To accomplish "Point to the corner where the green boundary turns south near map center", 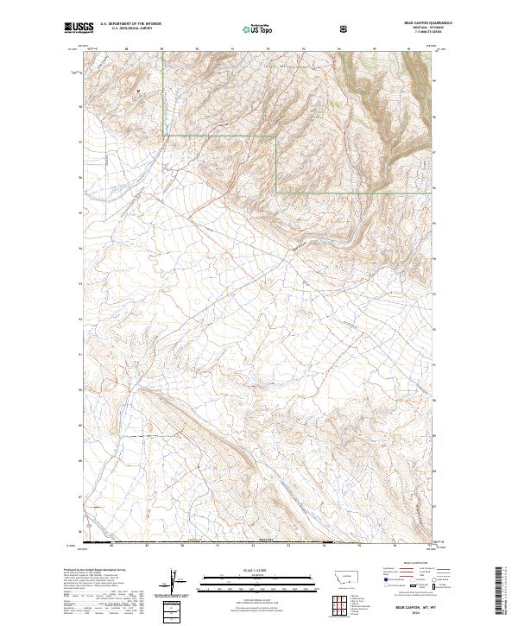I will coord(276,136).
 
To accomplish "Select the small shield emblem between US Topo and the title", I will coord(344,28).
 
